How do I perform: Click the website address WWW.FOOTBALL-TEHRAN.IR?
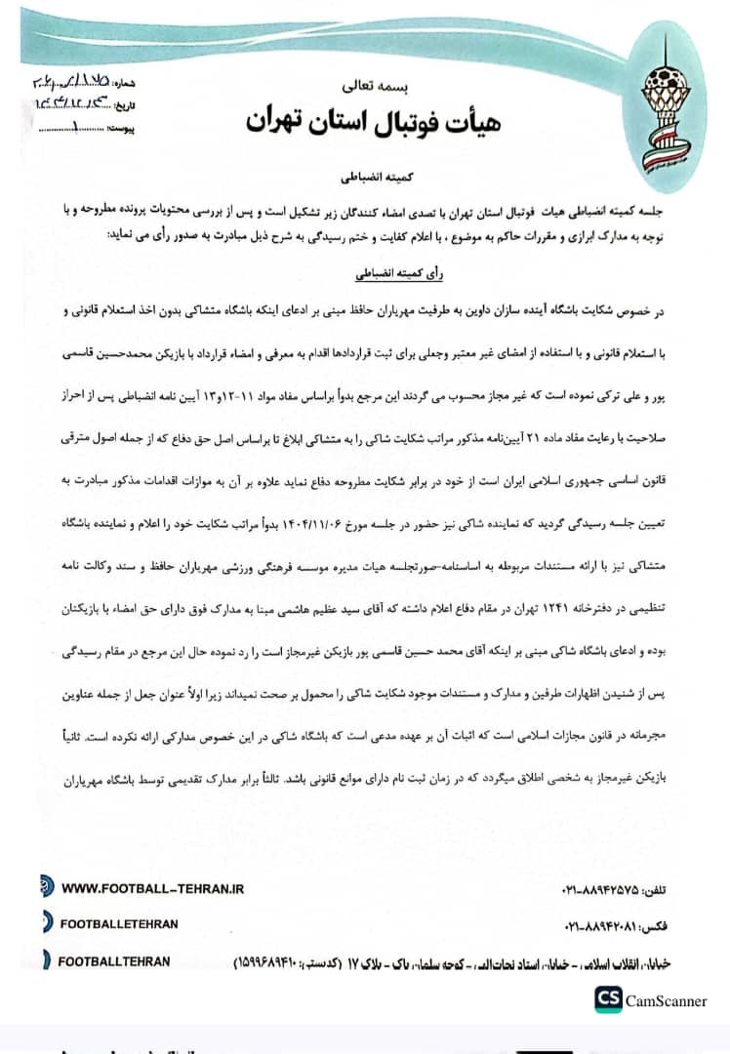tap(152, 889)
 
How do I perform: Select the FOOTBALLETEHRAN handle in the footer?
tap(119, 923)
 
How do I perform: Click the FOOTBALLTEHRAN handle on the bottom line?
tap(114, 961)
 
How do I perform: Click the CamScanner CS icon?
tap(609, 1000)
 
